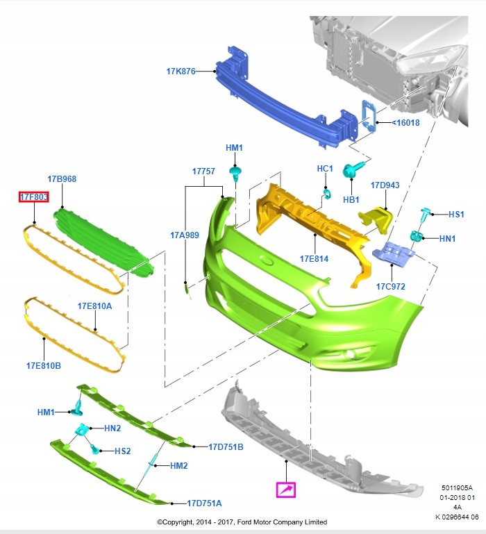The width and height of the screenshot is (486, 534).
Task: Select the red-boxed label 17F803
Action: pyautogui.click(x=33, y=198)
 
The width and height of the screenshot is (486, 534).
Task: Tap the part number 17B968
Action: pyautogui.click(x=62, y=179)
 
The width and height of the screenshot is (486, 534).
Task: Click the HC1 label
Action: pyautogui.click(x=325, y=169)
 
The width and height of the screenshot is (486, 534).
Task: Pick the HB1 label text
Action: pyautogui.click(x=352, y=199)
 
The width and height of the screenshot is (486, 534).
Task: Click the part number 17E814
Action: pyautogui.click(x=314, y=259)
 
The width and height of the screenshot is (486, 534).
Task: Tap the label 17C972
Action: pyautogui.click(x=391, y=286)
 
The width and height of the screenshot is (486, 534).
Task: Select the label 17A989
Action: pyautogui.click(x=184, y=235)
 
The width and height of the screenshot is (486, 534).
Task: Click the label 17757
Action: pyautogui.click(x=204, y=171)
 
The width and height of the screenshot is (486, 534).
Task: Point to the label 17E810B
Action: pyautogui.click(x=44, y=365)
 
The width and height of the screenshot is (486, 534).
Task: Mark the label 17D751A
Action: pyautogui.click(x=205, y=502)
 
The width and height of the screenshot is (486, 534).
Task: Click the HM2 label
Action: pyautogui.click(x=179, y=465)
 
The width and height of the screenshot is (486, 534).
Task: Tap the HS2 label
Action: pyautogui.click(x=122, y=451)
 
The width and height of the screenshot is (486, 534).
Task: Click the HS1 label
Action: pyautogui.click(x=456, y=215)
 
